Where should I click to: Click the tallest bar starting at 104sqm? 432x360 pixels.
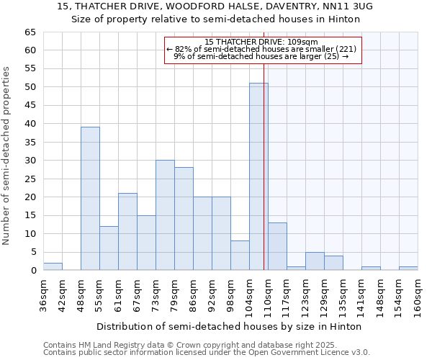point(258,176)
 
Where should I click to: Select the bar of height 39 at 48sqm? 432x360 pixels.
point(90,199)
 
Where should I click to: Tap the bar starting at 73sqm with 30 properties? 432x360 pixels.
point(165,215)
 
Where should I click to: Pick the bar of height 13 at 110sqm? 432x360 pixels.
point(277,246)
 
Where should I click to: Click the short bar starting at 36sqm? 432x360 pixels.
point(53,266)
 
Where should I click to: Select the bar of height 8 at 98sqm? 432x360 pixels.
point(240,256)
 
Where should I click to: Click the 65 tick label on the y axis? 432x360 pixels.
point(30,32)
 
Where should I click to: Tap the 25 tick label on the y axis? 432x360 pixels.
point(30,179)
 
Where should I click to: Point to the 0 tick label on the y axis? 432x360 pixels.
point(32,271)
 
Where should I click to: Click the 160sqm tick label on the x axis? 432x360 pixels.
point(418,295)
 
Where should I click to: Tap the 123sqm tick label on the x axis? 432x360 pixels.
point(306,295)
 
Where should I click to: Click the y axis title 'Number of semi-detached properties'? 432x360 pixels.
point(7,156)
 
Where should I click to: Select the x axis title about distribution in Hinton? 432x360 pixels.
point(229,326)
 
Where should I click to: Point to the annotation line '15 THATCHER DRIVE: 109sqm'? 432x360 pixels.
point(261,42)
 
